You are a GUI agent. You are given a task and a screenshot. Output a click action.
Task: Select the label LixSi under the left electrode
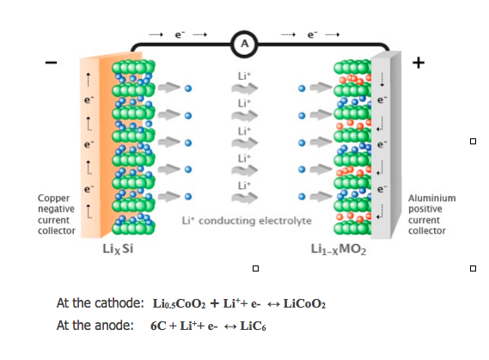[x=116, y=250]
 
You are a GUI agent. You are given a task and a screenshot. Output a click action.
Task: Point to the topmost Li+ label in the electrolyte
[x=244, y=76]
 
